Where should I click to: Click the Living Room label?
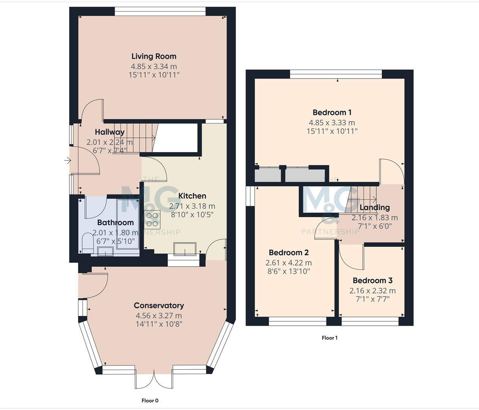154,56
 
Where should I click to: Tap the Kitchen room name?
192,196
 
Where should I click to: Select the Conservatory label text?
159,305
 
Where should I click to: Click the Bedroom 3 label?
372,281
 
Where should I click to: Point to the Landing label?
374,207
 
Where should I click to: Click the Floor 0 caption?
150,401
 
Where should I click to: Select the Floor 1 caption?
329,338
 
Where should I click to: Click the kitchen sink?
185,249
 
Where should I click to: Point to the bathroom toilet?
87,243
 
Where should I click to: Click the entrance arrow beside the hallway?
68,161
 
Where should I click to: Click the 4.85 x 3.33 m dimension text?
332,123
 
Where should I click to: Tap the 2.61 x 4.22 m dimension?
288,263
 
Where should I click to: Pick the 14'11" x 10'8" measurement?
159,324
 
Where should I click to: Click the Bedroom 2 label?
288,253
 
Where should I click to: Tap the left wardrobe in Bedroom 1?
268,175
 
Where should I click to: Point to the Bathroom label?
115,222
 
